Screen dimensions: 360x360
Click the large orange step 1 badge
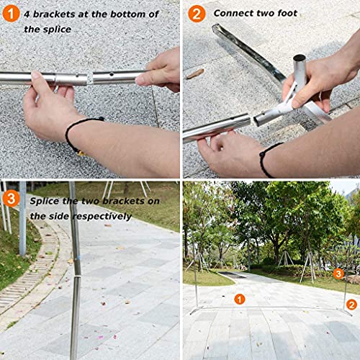pyautogui.click(x=12, y=14)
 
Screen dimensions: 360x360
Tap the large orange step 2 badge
pyautogui.click(x=197, y=14)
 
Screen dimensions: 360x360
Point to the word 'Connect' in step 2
pyautogui.click(x=235, y=13)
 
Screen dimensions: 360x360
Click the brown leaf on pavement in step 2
pyautogui.click(x=194, y=73)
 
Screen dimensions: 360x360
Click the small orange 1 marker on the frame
pyautogui.click(x=240, y=298)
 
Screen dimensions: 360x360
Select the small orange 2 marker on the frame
pyautogui.click(x=351, y=305)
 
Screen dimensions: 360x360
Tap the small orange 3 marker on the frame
pyautogui.click(x=338, y=274)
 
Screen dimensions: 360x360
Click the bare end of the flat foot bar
pyautogui.click(x=216, y=29)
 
